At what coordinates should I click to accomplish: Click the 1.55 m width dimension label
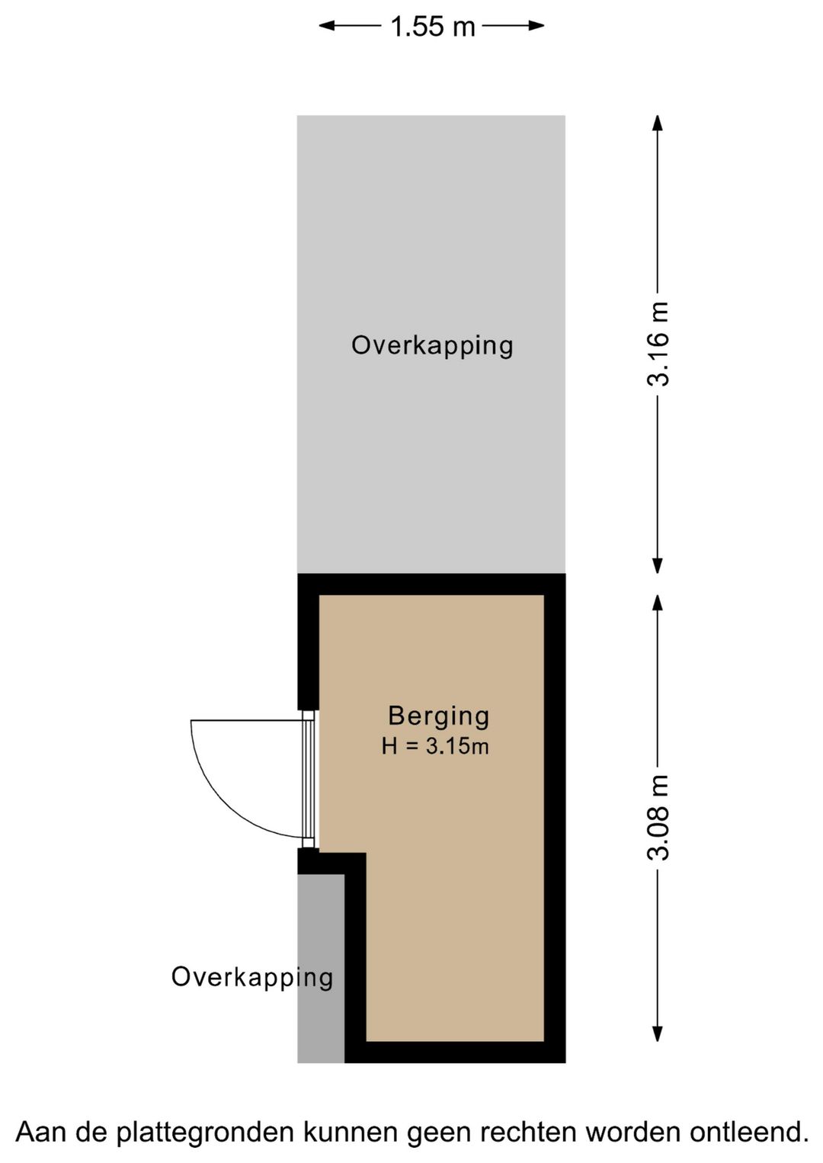point(432,27)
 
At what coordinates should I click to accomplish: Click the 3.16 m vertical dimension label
point(658,344)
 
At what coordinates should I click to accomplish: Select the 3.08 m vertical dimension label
point(658,817)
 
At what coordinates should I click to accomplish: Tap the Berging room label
point(438,716)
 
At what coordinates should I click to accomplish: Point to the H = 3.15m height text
point(435,746)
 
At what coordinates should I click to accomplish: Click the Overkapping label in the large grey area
point(432,345)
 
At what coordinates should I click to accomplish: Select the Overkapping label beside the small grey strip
point(252,977)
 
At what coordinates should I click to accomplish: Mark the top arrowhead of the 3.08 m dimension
point(658,603)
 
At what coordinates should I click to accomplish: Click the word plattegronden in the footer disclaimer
point(205,1133)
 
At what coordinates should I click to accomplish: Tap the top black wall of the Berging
point(431,585)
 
